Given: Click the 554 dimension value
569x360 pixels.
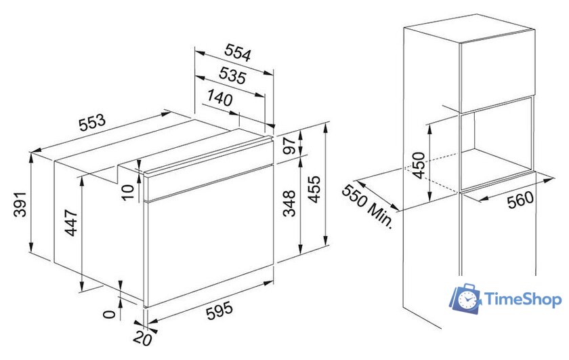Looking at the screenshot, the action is (x=238, y=53).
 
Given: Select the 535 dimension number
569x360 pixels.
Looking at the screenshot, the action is (x=232, y=75).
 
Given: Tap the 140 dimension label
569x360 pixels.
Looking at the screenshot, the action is (x=220, y=98).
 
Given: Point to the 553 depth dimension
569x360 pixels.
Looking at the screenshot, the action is (x=92, y=123).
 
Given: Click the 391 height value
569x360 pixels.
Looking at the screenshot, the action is (x=20, y=204).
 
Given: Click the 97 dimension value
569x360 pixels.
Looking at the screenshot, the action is (x=291, y=145).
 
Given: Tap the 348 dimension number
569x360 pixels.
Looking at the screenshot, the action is (x=290, y=203).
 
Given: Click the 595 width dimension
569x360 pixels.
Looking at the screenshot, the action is (x=219, y=311).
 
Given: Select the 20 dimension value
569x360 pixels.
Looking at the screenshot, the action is (x=142, y=338).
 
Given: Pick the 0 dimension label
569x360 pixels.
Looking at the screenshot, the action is (x=109, y=314).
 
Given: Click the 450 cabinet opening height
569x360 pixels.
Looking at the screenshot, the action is (x=419, y=165).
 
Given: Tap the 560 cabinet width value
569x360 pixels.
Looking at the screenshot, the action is (x=520, y=199).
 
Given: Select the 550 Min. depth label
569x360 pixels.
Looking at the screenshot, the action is (x=368, y=206).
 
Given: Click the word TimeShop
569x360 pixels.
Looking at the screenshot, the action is (x=523, y=299).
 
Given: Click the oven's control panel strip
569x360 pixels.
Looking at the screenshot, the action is (x=209, y=169).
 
